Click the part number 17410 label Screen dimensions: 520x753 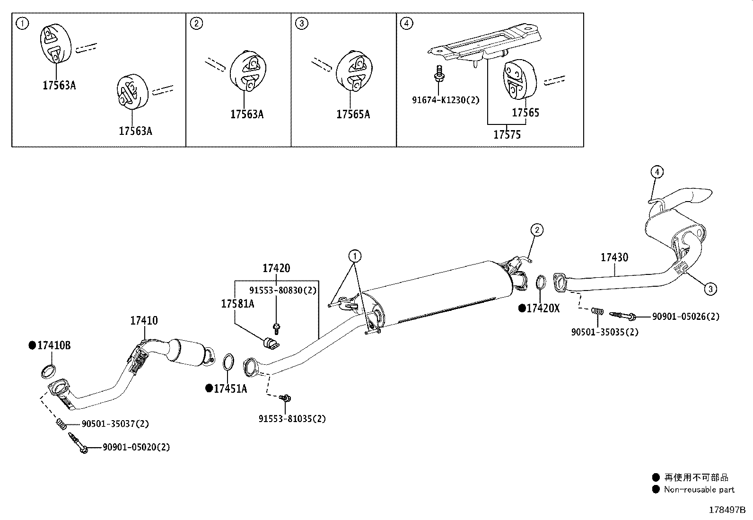(x=144, y=321)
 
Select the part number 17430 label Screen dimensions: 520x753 (x=614, y=257)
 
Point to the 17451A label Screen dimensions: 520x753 (x=230, y=389)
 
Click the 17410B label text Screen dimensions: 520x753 (x=53, y=345)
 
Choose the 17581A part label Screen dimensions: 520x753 (x=237, y=304)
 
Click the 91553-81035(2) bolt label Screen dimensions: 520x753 (x=292, y=419)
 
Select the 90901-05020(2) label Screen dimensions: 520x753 (x=136, y=447)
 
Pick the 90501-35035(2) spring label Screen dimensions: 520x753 (x=604, y=332)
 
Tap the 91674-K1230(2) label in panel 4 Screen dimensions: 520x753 (x=445, y=100)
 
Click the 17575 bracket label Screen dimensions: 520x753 (x=507, y=135)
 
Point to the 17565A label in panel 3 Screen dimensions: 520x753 (x=353, y=114)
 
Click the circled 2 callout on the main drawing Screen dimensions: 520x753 (x=536, y=230)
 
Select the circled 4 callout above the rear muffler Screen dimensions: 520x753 (x=657, y=172)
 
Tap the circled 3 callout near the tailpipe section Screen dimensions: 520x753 (x=710, y=288)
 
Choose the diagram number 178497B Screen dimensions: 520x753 (x=727, y=510)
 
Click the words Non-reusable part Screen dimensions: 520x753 (x=699, y=490)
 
